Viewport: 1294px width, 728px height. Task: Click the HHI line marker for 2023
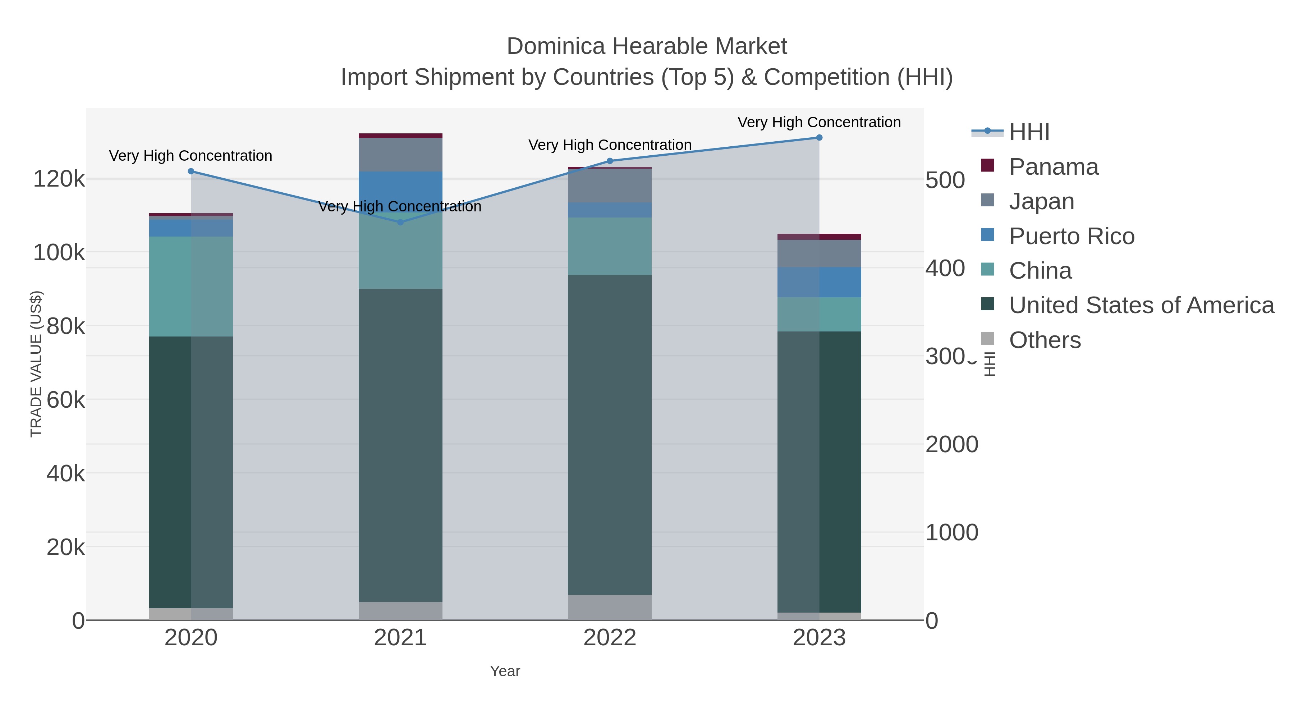click(x=819, y=138)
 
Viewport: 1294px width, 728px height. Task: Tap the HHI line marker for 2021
click(x=400, y=222)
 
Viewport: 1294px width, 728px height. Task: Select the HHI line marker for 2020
click(x=191, y=171)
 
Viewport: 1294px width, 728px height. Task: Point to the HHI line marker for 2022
click(x=610, y=161)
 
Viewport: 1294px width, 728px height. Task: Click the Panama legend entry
click(x=1054, y=167)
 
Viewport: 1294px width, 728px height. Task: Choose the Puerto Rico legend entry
click(x=1072, y=236)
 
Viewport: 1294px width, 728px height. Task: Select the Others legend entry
click(x=1045, y=340)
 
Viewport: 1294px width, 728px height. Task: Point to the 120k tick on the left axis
click(x=59, y=179)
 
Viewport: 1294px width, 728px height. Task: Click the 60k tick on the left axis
click(x=65, y=400)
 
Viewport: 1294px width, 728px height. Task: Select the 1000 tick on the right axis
click(x=951, y=532)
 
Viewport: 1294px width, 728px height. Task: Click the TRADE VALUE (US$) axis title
click(x=36, y=364)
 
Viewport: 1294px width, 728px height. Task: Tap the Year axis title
click(x=505, y=671)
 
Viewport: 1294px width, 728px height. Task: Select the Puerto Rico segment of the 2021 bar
click(x=400, y=191)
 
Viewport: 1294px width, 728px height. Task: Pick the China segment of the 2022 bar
click(x=610, y=246)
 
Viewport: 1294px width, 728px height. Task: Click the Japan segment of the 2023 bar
click(x=819, y=254)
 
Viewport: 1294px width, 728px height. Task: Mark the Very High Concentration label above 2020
click(x=191, y=156)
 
